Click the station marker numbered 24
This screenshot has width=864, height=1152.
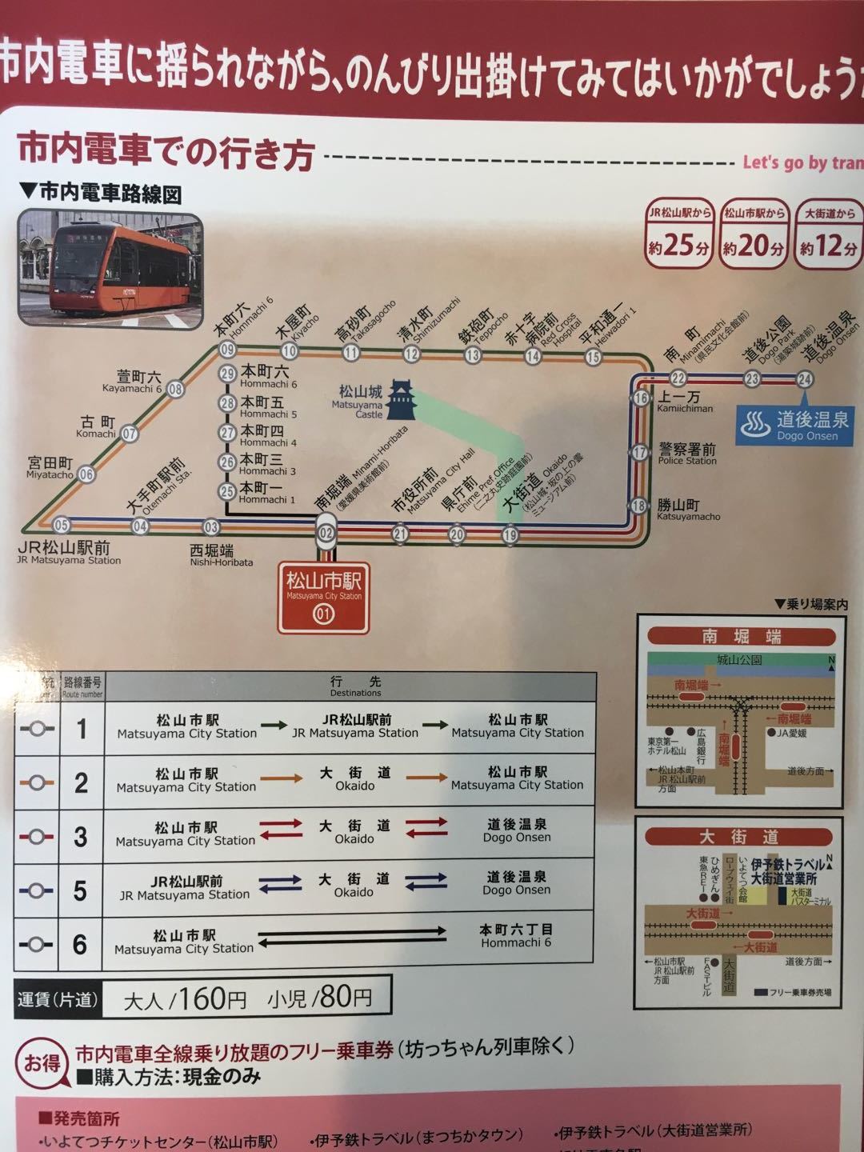click(x=805, y=378)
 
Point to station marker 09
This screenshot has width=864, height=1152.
click(x=228, y=350)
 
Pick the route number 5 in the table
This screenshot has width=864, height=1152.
click(x=80, y=890)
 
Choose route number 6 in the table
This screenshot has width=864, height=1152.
click(x=80, y=944)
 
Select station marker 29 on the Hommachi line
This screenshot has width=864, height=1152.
click(x=228, y=374)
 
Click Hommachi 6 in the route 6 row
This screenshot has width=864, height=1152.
click(x=516, y=936)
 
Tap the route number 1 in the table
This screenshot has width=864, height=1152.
click(x=81, y=729)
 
